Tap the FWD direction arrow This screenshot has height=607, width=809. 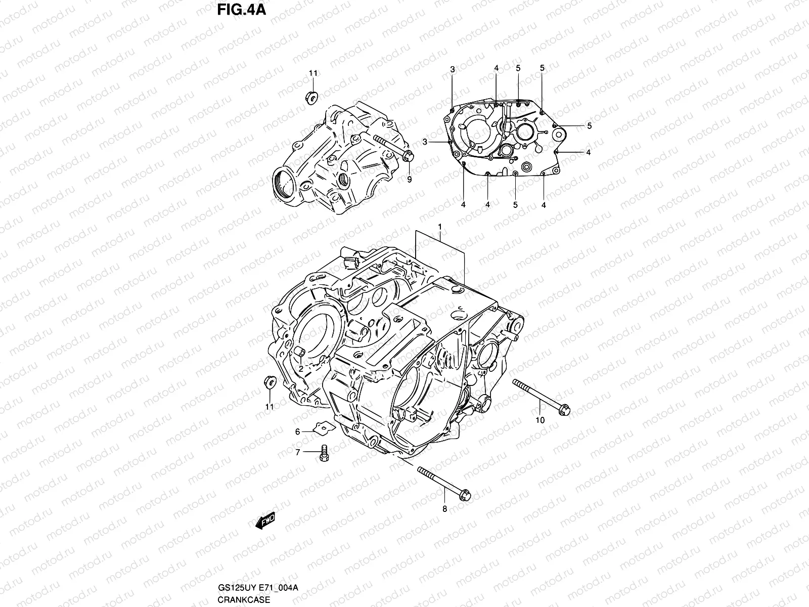[x=265, y=521]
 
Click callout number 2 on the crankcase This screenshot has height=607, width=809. [x=300, y=369]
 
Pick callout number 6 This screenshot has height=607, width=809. [x=298, y=431]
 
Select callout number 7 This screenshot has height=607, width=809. [x=298, y=452]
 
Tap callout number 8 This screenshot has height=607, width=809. [x=445, y=509]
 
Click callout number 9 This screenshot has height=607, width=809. [x=409, y=179]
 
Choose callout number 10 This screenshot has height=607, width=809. [x=540, y=419]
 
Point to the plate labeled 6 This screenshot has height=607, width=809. [x=323, y=428]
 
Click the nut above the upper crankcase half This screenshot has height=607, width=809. [x=312, y=96]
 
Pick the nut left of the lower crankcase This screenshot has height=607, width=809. [x=269, y=382]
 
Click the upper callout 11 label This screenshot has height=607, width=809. [x=313, y=73]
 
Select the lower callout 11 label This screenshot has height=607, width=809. [x=269, y=406]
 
